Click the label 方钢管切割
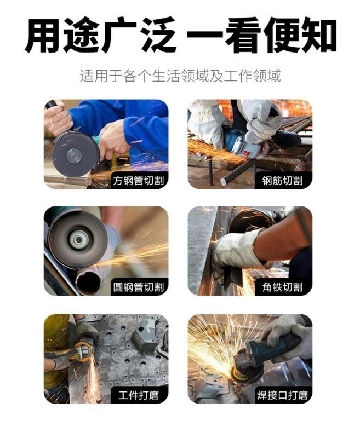point(138,181)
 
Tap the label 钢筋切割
point(282,181)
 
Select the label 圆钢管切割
point(138,287)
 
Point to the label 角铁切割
point(282,287)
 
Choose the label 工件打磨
point(138,395)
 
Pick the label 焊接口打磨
point(282,395)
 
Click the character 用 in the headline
point(43,35)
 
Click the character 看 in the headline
point(243,35)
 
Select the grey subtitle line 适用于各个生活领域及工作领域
point(180,76)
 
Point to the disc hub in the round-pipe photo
point(78,239)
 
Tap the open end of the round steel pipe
point(88,282)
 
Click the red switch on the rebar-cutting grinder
point(246,153)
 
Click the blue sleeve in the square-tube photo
point(132,123)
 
